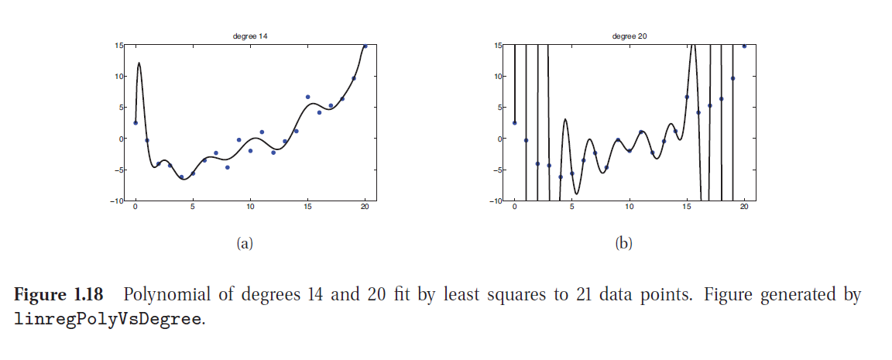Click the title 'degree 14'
pyautogui.click(x=250, y=36)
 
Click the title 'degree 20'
pyautogui.click(x=629, y=36)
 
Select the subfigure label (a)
pyautogui.click(x=245, y=243)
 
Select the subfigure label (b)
pyautogui.click(x=623, y=243)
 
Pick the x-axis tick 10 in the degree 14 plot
pyautogui.click(x=250, y=207)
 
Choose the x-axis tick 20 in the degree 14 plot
pyautogui.click(x=365, y=207)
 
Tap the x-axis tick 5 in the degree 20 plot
pyautogui.click(x=571, y=207)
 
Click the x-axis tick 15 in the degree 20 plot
pyautogui.click(x=687, y=207)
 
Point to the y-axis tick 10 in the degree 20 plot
pyautogui.click(x=499, y=77)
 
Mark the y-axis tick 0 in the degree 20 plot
pyautogui.click(x=501, y=139)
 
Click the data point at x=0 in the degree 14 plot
pyautogui.click(x=136, y=122)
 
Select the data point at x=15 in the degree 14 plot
pyautogui.click(x=307, y=97)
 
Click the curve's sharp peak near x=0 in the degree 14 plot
pyautogui.click(x=139, y=63)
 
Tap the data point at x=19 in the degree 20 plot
pyautogui.click(x=732, y=78)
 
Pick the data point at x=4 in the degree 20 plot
pyautogui.click(x=561, y=177)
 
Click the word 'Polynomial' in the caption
pyautogui.click(x=159, y=295)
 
